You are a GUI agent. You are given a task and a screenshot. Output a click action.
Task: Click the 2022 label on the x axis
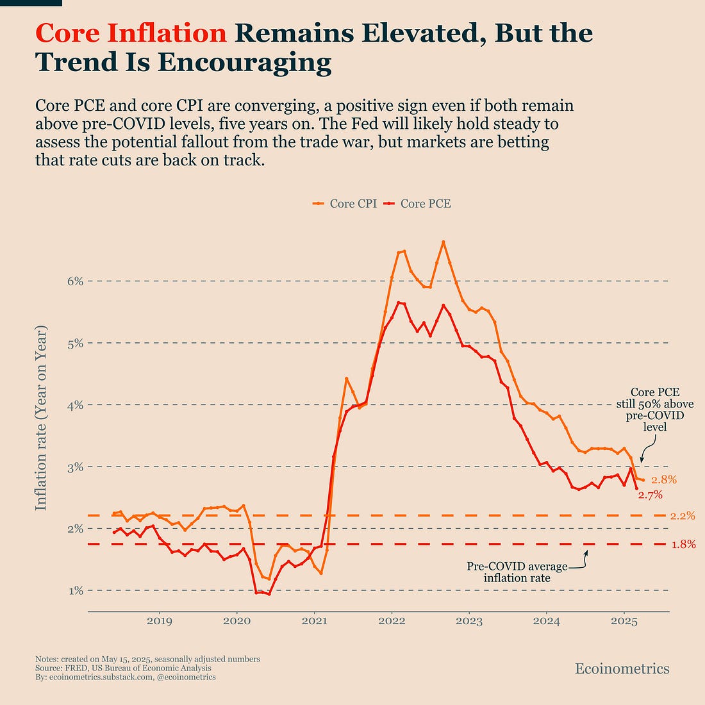392,620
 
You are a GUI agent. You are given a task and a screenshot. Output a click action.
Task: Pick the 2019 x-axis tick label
159,620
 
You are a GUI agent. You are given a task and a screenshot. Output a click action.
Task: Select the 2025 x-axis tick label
624,620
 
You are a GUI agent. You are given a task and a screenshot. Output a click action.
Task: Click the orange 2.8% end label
664,480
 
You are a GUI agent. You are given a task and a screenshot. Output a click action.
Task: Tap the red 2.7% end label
649,495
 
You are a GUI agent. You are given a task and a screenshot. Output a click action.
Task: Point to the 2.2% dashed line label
683,516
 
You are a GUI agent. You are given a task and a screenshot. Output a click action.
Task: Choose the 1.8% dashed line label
683,545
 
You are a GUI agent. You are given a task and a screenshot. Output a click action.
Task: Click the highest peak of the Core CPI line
444,242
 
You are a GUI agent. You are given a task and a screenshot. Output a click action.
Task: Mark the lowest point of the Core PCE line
269,594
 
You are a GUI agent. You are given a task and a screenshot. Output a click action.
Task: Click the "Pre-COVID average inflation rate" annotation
517,572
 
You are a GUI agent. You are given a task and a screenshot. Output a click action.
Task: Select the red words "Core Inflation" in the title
131,33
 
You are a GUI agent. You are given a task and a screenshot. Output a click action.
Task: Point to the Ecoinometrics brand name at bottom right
622,669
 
